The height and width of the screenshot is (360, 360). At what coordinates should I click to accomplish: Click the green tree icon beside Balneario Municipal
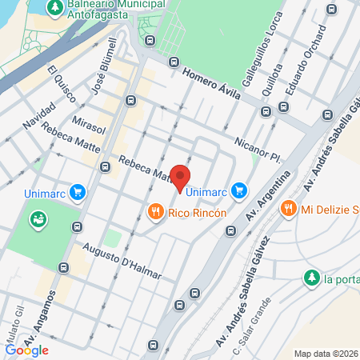54,8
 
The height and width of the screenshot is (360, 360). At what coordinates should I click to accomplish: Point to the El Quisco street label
62,83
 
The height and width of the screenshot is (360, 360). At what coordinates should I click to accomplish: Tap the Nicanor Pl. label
255,147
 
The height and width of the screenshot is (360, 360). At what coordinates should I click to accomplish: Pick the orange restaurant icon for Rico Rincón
156,212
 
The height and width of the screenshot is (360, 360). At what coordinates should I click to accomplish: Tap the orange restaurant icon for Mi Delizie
288,209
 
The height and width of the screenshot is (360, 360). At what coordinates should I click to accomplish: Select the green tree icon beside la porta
310,278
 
